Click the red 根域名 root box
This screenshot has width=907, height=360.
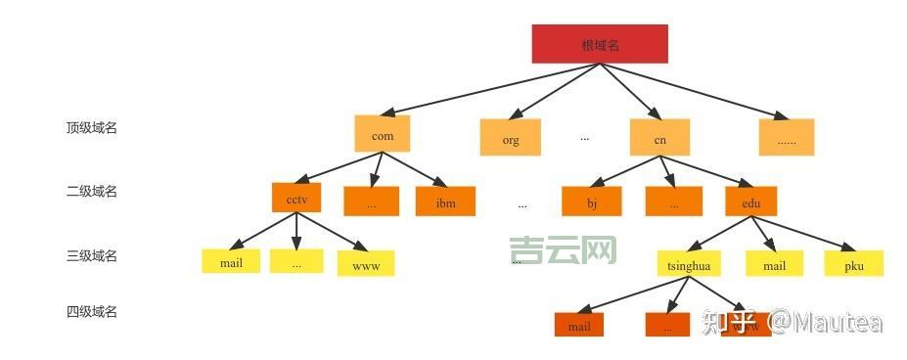coord(600,44)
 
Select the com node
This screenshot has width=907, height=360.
coord(383,135)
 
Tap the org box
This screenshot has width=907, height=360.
coord(511,138)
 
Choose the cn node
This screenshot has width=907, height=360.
coord(660,138)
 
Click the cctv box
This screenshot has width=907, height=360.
coord(296,198)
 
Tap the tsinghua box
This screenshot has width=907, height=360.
coord(688,263)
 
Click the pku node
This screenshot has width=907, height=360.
coord(853,263)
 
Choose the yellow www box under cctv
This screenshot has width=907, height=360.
coord(366,264)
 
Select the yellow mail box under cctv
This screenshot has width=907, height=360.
coord(231,261)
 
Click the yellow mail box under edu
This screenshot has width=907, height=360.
coord(774,263)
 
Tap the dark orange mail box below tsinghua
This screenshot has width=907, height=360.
coord(579,325)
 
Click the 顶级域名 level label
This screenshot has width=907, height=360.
coord(92,127)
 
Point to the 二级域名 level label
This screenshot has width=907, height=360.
coord(92,191)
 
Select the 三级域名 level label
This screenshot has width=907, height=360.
coord(92,255)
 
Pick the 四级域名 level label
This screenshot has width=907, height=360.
coord(92,311)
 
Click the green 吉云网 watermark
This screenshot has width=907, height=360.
coord(564,250)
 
